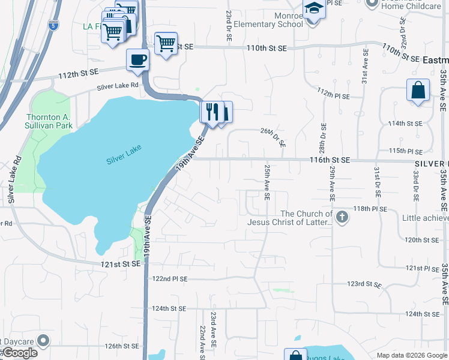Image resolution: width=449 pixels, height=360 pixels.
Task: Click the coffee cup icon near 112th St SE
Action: tap(138, 60)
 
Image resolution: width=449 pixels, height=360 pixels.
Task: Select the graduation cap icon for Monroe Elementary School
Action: tap(313, 9)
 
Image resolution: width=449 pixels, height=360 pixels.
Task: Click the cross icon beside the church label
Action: tap(342, 217)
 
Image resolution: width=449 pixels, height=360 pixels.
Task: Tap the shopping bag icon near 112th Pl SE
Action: tap(418, 91)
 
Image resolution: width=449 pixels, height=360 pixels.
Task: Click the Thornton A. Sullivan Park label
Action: tap(49, 121)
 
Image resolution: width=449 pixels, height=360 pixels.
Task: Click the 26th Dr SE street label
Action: tap(273, 137)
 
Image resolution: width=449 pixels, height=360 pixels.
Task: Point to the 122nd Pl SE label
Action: tap(170, 279)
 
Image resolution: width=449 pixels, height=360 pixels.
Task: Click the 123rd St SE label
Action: tap(365, 283)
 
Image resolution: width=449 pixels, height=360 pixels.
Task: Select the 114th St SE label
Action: tap(405, 124)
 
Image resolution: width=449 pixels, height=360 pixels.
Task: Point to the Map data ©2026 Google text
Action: tap(412, 355)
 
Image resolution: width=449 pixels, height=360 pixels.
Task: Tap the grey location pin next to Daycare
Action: tap(43, 341)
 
